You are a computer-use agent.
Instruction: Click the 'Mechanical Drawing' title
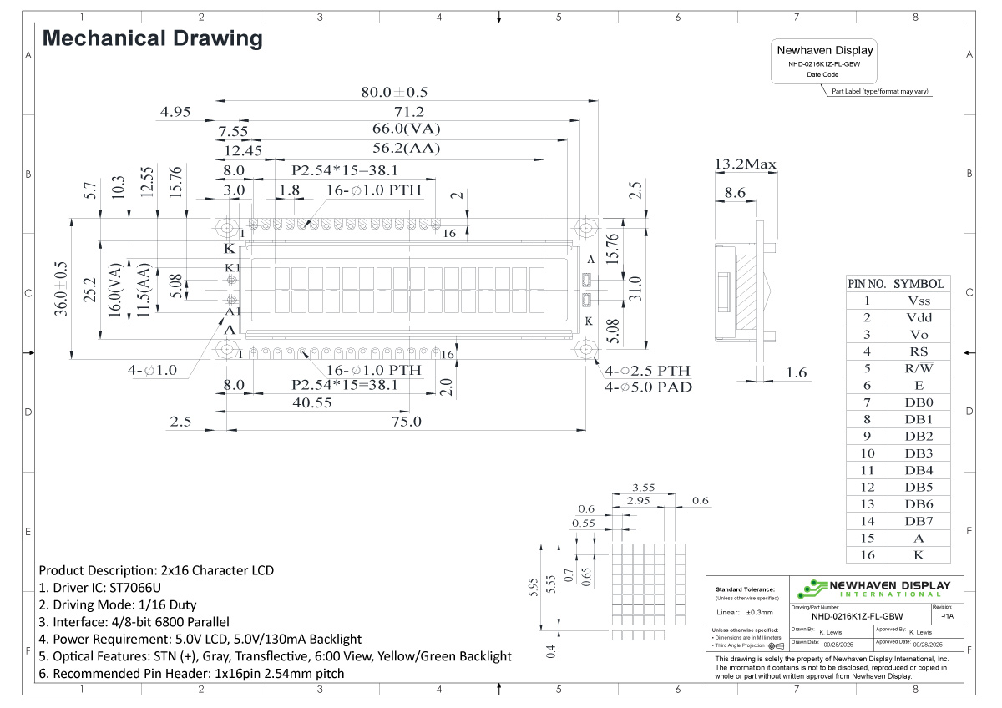coord(152,38)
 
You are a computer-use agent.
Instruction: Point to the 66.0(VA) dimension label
coord(406,129)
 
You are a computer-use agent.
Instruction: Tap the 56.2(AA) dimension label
coord(406,149)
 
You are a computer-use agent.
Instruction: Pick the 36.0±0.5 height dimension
coord(60,289)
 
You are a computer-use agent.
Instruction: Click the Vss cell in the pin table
coord(918,301)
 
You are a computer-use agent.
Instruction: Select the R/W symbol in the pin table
coord(918,368)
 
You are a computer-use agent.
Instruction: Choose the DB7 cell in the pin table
coord(918,521)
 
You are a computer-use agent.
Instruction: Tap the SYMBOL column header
coord(918,284)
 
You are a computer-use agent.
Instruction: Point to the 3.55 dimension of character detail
coord(642,487)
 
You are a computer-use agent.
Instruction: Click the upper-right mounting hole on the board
coord(586,227)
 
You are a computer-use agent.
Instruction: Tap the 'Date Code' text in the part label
coord(822,74)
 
